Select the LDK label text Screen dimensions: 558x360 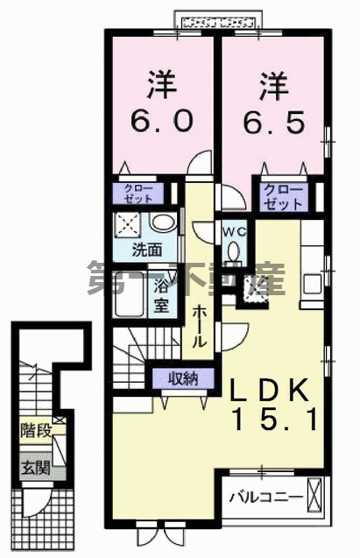point(270,392)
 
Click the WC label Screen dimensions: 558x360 point(234,232)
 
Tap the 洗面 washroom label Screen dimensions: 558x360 point(146,249)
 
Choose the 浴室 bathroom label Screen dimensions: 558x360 point(162,295)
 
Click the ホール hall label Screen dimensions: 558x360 point(201,324)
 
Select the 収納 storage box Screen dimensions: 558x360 point(177,378)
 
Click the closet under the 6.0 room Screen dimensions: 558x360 point(136,193)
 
